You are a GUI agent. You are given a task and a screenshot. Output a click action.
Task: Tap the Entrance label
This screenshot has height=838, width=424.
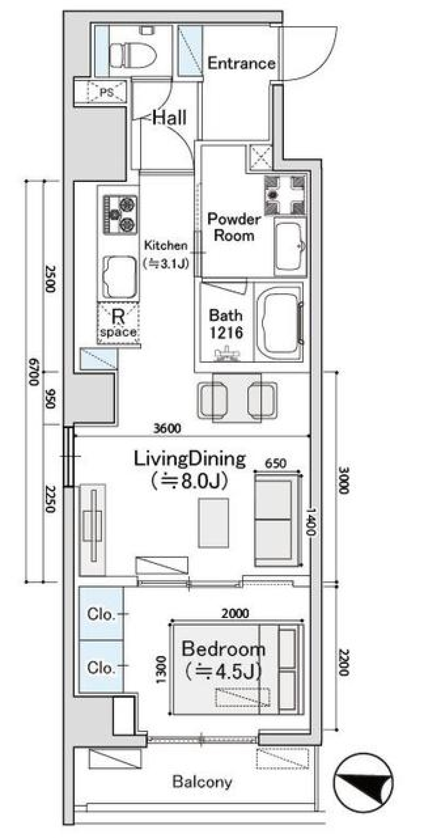tap(241, 64)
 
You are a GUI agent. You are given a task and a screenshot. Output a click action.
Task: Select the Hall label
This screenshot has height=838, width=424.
tap(170, 118)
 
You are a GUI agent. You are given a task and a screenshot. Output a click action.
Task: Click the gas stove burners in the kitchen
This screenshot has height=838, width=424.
tap(120, 214)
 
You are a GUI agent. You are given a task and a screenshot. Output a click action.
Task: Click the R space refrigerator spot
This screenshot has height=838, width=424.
tap(118, 323)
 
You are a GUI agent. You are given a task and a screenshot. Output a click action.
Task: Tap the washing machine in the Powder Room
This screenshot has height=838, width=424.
tap(285, 195)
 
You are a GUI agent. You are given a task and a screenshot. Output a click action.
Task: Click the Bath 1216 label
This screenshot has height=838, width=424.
tap(226, 324)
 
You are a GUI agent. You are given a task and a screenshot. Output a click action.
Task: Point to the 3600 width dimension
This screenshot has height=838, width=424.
tap(167, 428)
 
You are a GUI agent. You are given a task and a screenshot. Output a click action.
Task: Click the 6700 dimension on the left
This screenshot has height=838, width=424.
tap(34, 372)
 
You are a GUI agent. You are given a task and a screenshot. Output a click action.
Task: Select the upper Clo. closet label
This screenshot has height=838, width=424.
tap(101, 614)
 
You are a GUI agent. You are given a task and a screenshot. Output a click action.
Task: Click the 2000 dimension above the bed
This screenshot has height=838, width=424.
tap(235, 613)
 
